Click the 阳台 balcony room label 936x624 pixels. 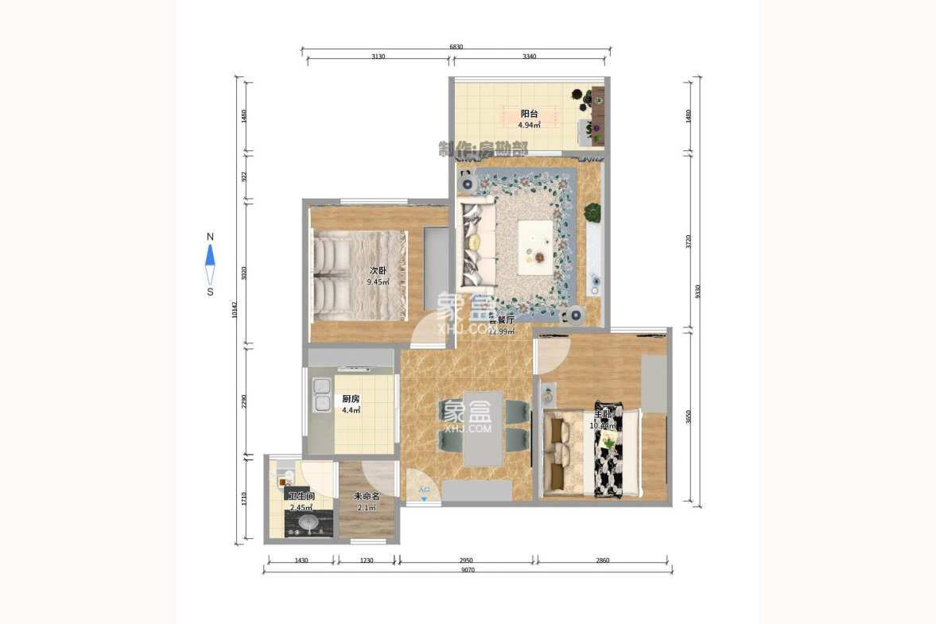(529, 114)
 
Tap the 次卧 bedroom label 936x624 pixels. (378, 271)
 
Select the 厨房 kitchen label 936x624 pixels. (351, 399)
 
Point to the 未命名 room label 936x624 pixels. (367, 496)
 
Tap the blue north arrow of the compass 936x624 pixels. (210, 255)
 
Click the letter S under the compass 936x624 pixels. (210, 292)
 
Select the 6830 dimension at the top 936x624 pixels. (456, 47)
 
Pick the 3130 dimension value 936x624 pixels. (378, 56)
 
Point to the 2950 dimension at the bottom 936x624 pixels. (467, 561)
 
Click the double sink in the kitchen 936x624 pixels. (322, 395)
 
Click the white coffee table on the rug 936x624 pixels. (535, 242)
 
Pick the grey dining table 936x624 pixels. (483, 428)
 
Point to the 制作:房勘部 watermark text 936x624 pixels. (483, 149)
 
